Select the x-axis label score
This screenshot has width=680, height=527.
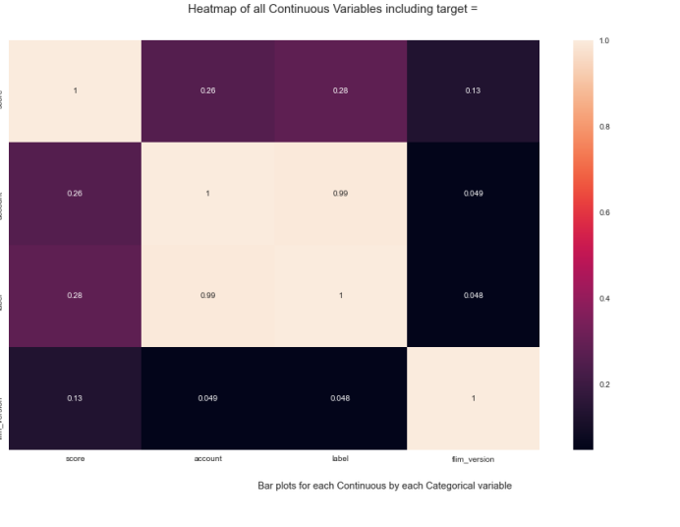(x=75, y=459)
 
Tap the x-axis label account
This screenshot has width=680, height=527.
(x=207, y=459)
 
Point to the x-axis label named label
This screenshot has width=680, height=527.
(x=340, y=459)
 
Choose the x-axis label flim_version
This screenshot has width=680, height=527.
(x=473, y=459)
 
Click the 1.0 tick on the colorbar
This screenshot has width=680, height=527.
(x=604, y=40)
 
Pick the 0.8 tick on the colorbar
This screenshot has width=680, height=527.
(x=604, y=127)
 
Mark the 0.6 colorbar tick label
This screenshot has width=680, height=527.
(x=604, y=212)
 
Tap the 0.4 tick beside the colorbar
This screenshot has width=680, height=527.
(x=604, y=298)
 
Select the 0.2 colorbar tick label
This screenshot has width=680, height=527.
(x=604, y=384)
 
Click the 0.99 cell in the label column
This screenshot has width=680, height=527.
(x=340, y=193)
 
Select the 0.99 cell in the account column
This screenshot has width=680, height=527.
(x=207, y=295)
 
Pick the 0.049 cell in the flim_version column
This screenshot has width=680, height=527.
(x=473, y=193)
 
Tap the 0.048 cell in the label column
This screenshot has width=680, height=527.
(x=340, y=398)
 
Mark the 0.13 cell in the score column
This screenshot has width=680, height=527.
(x=75, y=398)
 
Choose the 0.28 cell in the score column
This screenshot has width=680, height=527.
(x=75, y=295)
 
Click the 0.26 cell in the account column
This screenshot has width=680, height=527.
(x=207, y=90)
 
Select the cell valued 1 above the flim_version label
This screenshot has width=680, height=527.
(x=473, y=398)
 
